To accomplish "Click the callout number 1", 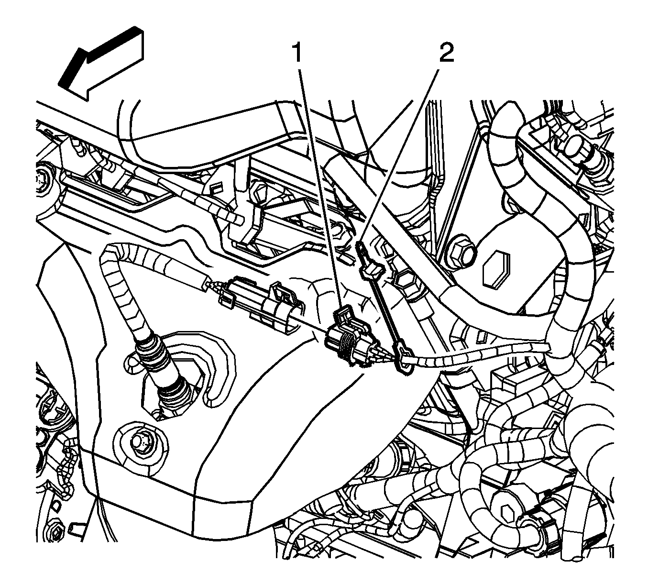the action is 297,53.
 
